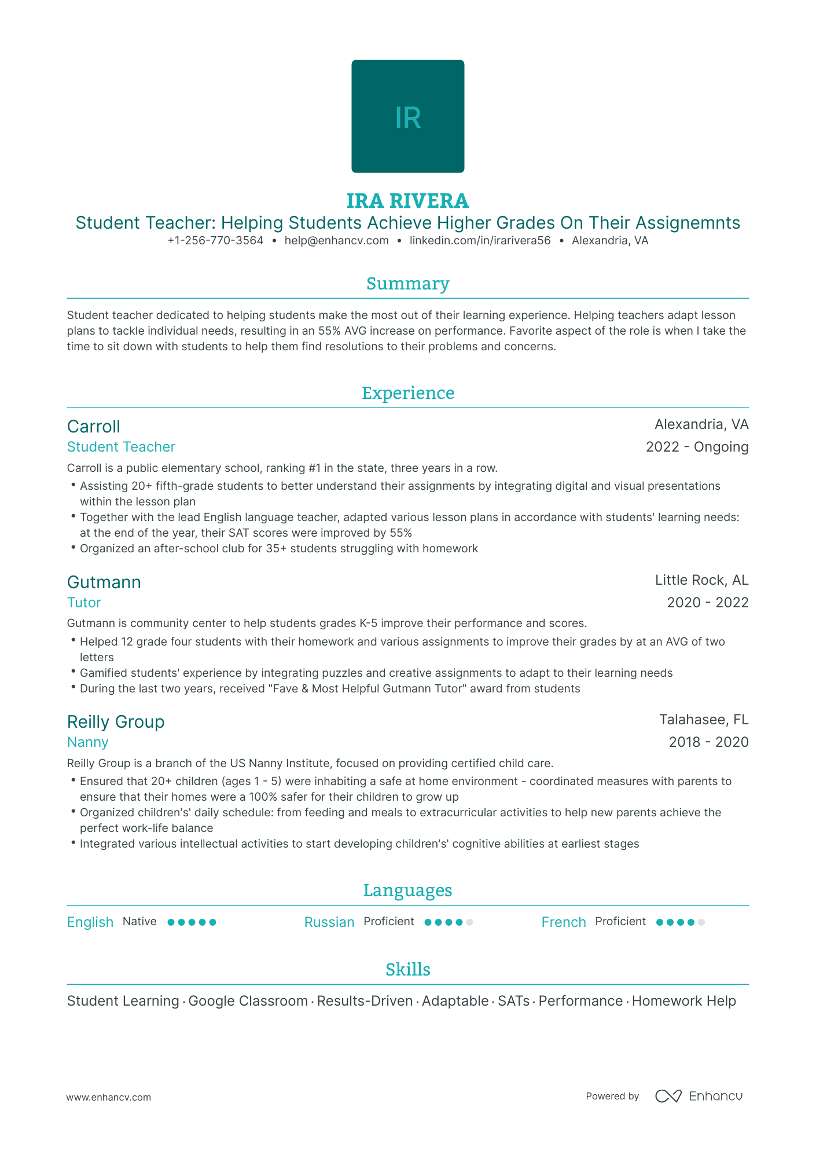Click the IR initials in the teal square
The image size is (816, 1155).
click(407, 118)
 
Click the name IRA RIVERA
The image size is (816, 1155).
click(407, 201)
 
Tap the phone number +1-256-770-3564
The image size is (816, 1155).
click(215, 241)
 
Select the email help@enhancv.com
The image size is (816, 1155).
click(336, 241)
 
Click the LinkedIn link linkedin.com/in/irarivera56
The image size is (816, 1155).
click(480, 241)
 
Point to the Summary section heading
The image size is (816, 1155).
click(407, 284)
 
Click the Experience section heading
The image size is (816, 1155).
click(407, 393)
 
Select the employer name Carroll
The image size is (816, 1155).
click(94, 427)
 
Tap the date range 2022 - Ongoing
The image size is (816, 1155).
click(697, 447)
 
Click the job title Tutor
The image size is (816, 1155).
click(84, 603)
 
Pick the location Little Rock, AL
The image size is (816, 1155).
click(701, 580)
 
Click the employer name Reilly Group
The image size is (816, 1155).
click(116, 722)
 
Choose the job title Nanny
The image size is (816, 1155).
click(88, 742)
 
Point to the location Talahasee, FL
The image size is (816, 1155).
click(704, 720)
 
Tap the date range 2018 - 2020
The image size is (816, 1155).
click(708, 742)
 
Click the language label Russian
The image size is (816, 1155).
click(329, 922)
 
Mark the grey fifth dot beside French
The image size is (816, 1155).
click(701, 922)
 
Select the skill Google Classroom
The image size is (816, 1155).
click(248, 1001)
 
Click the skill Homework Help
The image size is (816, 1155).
click(683, 1001)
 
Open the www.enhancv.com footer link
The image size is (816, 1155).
click(109, 1097)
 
